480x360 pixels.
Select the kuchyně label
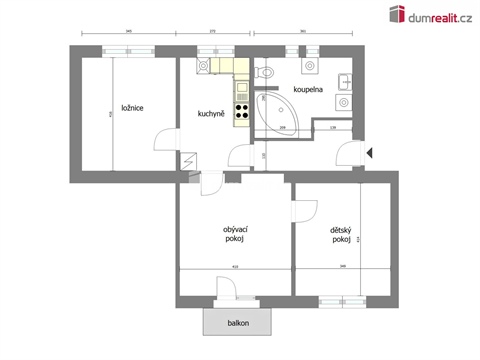(211, 112)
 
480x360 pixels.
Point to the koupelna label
(307, 89)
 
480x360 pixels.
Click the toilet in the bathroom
(265, 73)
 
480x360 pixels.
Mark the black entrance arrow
(369, 152)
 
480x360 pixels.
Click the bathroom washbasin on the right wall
(344, 82)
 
